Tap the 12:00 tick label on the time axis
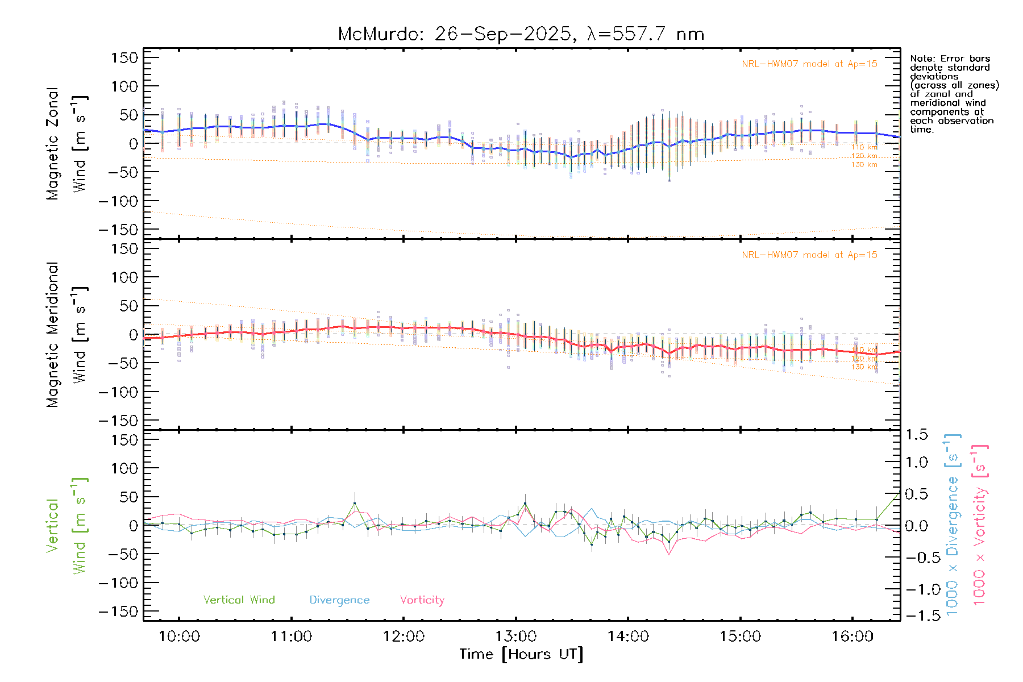coord(404,637)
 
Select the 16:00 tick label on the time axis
coord(852,637)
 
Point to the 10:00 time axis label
coord(179,637)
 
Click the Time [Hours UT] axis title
coord(521,654)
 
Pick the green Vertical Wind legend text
coord(239,600)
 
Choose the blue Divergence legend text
coord(339,600)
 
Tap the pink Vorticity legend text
coord(422,600)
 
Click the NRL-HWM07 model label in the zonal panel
coord(809,64)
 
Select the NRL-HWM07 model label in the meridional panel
coord(809,255)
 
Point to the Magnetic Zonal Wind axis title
coord(66,144)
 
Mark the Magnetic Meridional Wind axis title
coord(66,335)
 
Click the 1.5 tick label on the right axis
coord(917,435)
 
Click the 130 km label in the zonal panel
coord(864,165)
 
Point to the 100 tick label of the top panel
coord(124,86)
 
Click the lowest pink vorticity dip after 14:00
coord(669,554)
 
